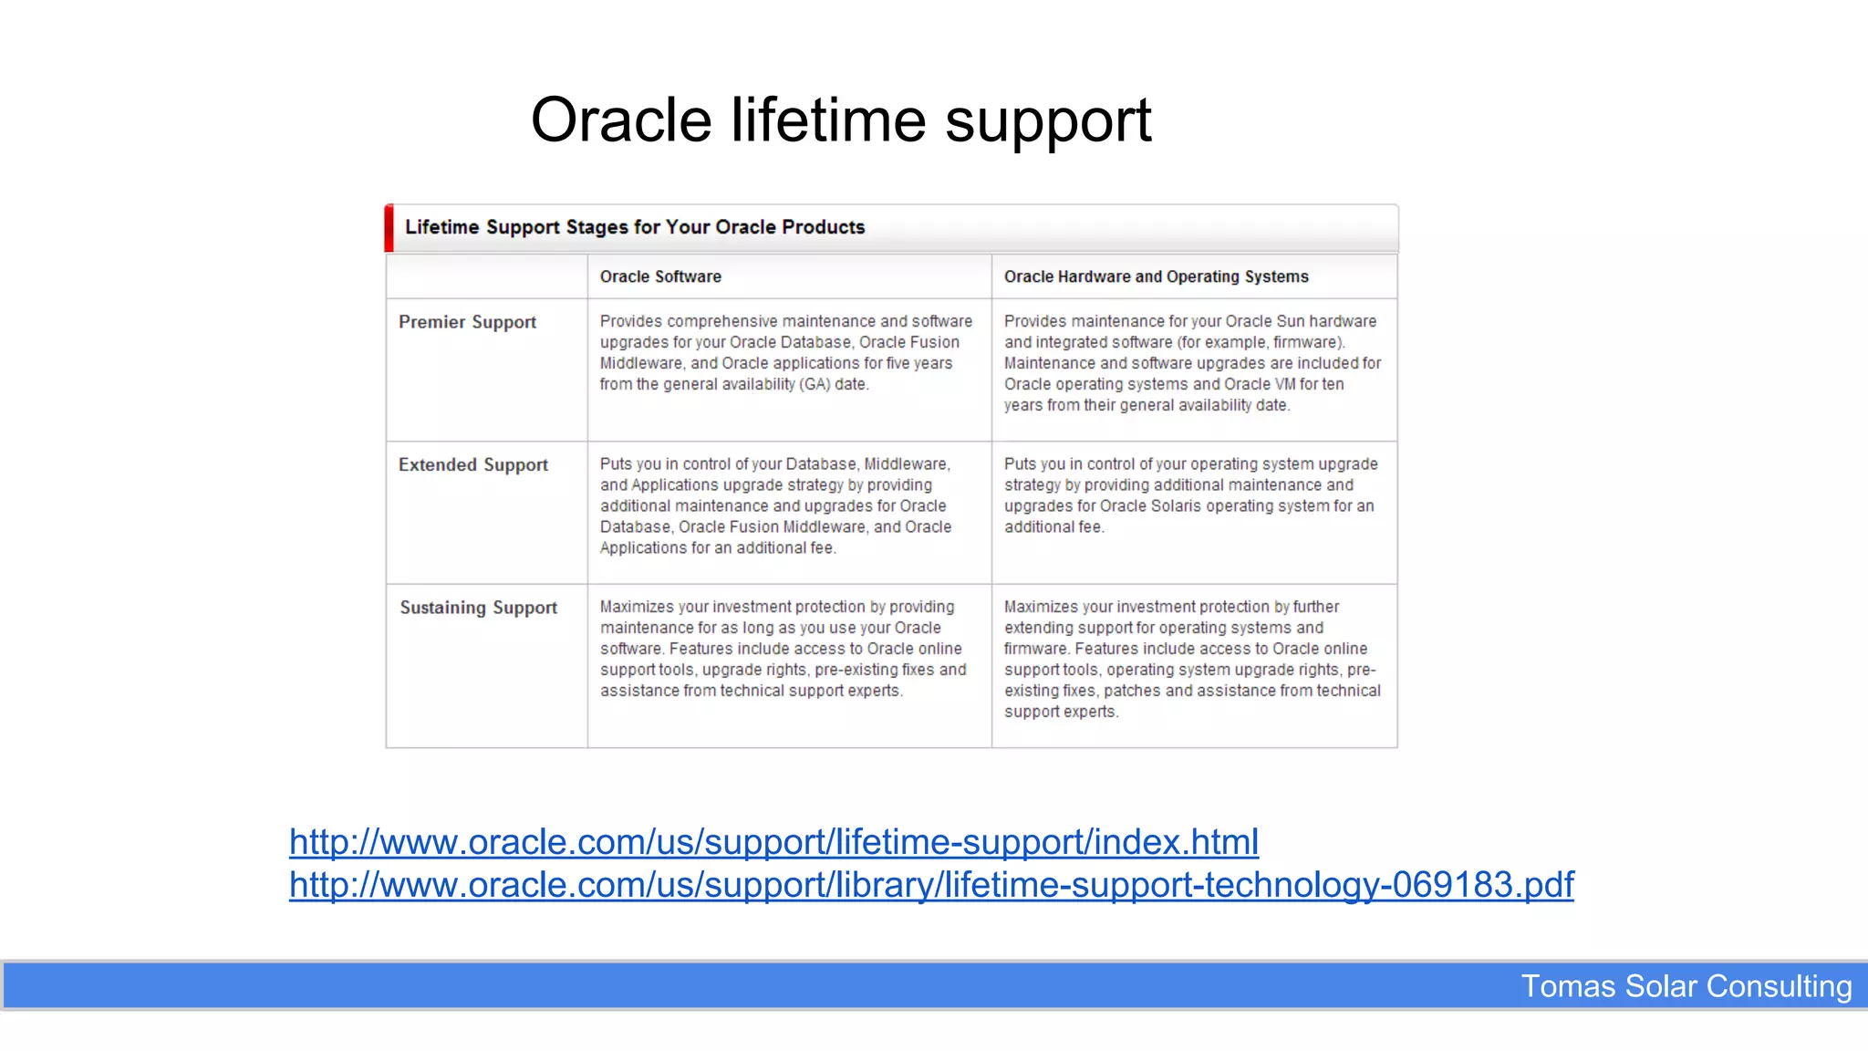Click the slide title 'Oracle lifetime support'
pyautogui.click(x=840, y=120)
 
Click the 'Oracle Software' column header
pyautogui.click(x=660, y=276)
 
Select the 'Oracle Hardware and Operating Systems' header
pyautogui.click(x=1156, y=276)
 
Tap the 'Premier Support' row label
pyautogui.click(x=467, y=322)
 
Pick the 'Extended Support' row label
pyautogui.click(x=472, y=464)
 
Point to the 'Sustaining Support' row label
pyautogui.click(x=478, y=608)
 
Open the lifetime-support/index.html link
pyautogui.click(x=773, y=841)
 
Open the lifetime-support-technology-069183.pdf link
pyautogui.click(x=931, y=884)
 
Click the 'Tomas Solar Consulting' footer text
pyautogui.click(x=1686, y=986)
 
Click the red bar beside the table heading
pyautogui.click(x=389, y=228)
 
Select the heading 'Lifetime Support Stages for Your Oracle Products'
pyautogui.click(x=635, y=227)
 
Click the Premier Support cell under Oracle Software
pyautogui.click(x=785, y=353)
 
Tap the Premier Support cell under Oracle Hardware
pyautogui.click(x=1192, y=363)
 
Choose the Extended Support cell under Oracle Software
pyautogui.click(x=775, y=505)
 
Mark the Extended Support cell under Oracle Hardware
pyautogui.click(x=1190, y=495)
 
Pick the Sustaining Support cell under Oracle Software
pyautogui.click(x=783, y=649)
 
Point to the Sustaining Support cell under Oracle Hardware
pyautogui.click(x=1192, y=659)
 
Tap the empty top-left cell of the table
pyautogui.click(x=486, y=276)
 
